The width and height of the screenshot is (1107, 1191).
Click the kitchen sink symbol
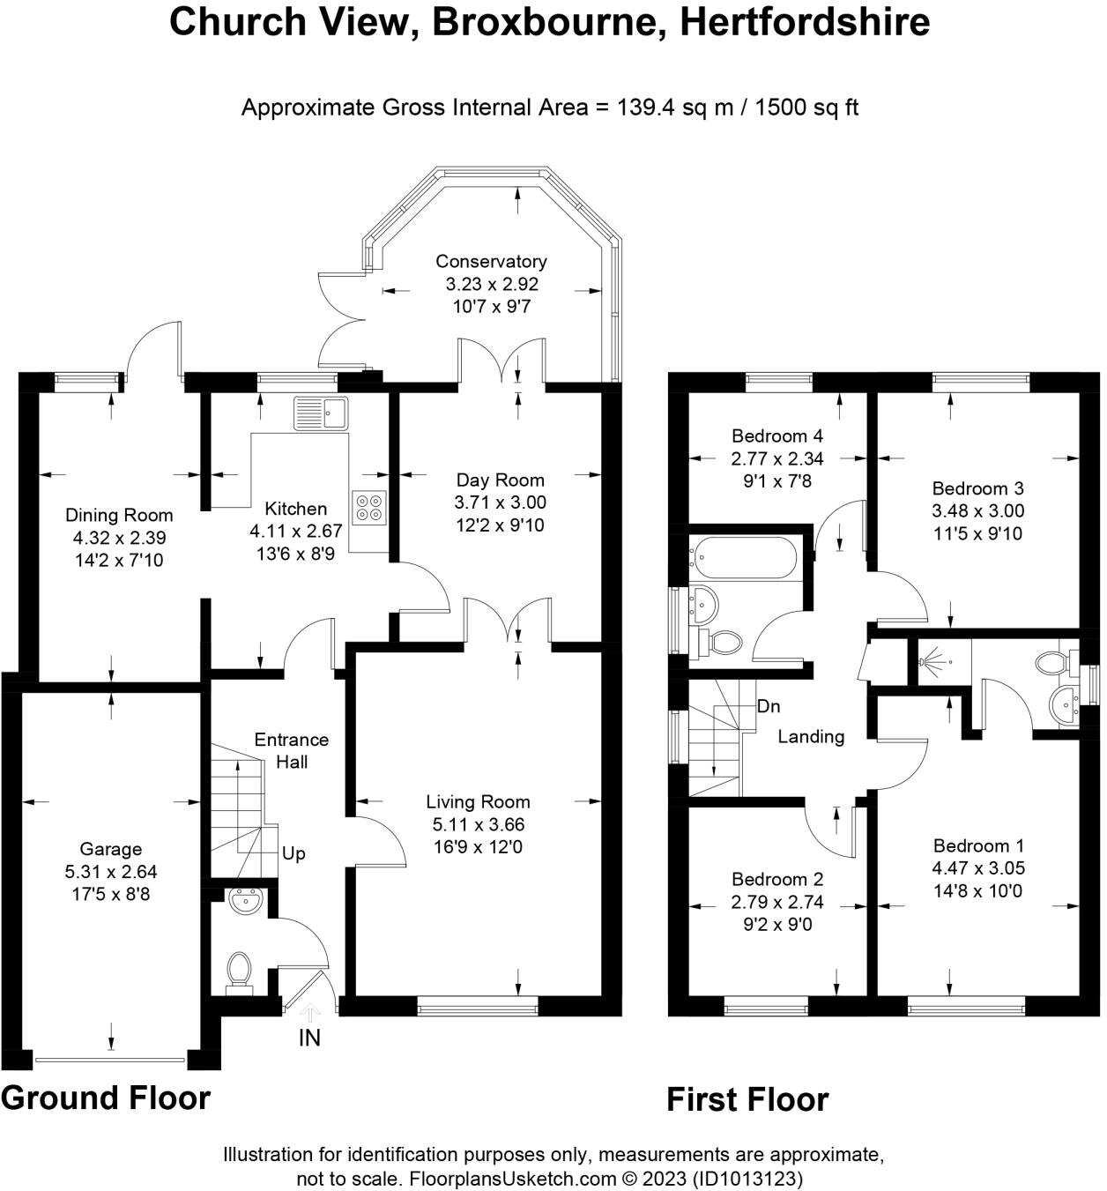pos(322,413)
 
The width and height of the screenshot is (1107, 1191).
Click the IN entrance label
pos(309,1038)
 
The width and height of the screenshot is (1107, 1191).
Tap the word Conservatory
pos(491,261)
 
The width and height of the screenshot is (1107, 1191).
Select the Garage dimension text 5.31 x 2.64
pos(111,872)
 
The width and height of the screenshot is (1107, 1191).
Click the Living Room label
pos(478,801)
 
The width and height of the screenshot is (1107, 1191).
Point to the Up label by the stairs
pos(293,853)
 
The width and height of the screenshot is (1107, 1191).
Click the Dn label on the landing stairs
pos(769,706)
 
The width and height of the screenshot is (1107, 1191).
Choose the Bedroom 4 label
pos(776,435)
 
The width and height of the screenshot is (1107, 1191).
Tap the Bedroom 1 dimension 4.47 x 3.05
pos(978,867)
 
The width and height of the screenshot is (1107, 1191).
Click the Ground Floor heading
pos(106,1098)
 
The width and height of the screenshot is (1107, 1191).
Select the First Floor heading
pos(747,1099)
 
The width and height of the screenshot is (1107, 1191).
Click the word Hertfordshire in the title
pos(805,22)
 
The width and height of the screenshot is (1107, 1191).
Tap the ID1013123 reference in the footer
pos(747,1179)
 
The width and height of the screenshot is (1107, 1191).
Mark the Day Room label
pos(500,480)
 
